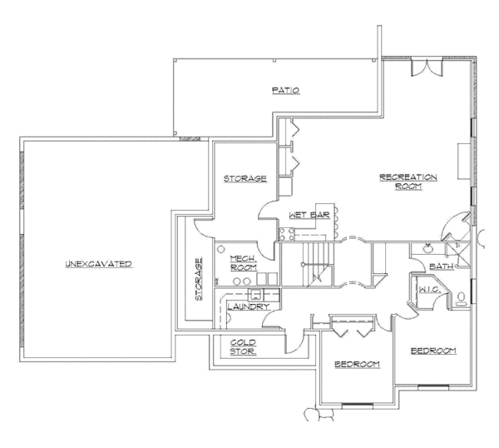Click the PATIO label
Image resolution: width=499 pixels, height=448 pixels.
tap(284, 90)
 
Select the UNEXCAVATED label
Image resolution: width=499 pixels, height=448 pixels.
tap(99, 264)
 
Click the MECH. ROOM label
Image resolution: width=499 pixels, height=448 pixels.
tap(242, 264)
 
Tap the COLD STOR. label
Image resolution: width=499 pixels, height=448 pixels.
tap(243, 347)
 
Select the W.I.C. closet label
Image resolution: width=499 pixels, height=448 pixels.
tap(428, 291)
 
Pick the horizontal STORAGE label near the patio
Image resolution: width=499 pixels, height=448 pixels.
tap(245, 179)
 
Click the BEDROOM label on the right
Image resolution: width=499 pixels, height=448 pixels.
tap(433, 351)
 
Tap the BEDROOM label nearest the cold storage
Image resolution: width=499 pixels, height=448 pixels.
tap(357, 365)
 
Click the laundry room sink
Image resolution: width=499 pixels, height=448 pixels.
tap(257, 295)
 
